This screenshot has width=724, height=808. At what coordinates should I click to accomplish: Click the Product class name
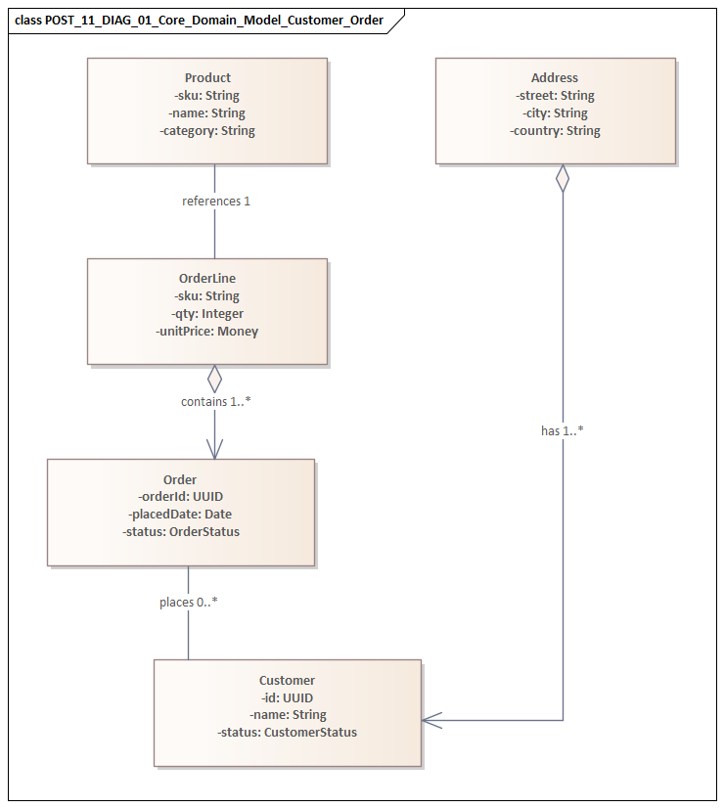207,78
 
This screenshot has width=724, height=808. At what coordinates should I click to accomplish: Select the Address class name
555,78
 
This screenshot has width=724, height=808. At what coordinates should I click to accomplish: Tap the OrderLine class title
207,279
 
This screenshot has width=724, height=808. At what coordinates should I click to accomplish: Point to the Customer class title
287,680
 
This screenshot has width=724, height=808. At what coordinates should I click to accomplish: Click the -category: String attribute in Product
207,131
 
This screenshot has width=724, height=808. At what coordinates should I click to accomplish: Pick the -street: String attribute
555,96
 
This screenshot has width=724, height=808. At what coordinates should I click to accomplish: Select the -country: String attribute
555,131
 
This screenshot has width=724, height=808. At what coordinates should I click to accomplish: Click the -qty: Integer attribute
207,314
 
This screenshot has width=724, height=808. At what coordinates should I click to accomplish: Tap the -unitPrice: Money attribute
207,332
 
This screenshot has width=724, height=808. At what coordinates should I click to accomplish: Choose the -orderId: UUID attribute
181,497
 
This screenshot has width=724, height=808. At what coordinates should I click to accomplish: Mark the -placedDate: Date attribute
181,515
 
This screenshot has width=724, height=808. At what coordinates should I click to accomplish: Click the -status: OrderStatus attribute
181,532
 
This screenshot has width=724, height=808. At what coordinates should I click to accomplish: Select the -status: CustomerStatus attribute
287,733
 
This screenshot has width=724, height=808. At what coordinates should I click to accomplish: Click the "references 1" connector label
216,202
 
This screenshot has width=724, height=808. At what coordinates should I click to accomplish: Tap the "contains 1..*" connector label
216,402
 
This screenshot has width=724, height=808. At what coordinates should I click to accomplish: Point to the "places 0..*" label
189,603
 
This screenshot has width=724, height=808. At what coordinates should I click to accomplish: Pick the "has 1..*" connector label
563,430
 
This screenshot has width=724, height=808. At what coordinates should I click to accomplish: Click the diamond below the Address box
563,178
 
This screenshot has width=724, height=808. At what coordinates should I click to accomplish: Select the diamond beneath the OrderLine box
215,379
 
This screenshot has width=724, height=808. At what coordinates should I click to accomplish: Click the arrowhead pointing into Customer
431,720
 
